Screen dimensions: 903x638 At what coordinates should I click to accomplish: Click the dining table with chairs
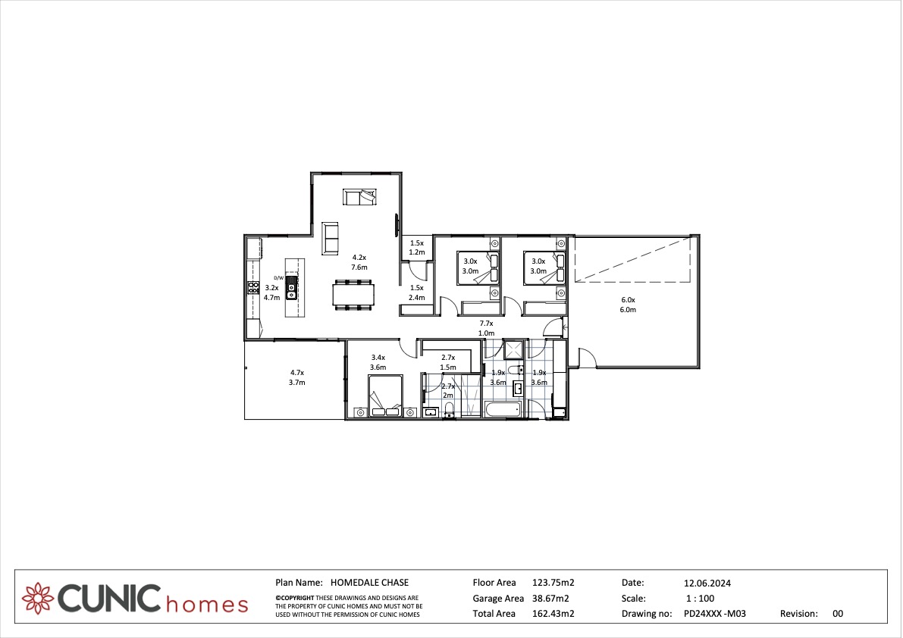(353, 295)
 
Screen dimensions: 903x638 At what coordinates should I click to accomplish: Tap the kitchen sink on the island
(292, 288)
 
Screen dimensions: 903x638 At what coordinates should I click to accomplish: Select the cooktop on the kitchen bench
(253, 288)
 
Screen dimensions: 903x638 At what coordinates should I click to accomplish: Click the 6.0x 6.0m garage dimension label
(628, 305)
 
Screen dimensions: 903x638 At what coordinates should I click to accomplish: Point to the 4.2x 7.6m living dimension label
(359, 262)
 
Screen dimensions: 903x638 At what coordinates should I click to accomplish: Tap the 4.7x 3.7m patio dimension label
(296, 377)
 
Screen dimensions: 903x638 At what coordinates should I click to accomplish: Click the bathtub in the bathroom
(502, 410)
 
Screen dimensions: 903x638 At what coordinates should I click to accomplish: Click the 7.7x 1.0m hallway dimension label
(487, 329)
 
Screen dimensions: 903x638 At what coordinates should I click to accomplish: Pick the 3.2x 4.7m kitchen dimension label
(272, 292)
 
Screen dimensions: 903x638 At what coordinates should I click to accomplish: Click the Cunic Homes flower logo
(38, 599)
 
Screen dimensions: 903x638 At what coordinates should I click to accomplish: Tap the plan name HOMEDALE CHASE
(370, 583)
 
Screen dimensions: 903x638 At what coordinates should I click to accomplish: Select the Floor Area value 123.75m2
(553, 583)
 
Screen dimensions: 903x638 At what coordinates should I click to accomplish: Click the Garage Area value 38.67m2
(547, 599)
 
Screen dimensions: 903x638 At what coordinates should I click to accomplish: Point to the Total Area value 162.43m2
(553, 614)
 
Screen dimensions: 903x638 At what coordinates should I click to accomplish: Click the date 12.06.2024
(707, 583)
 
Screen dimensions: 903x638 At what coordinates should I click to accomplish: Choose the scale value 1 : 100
(701, 599)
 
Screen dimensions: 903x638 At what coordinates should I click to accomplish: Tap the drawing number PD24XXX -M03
(715, 614)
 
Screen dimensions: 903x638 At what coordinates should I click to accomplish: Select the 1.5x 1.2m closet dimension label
(417, 248)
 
